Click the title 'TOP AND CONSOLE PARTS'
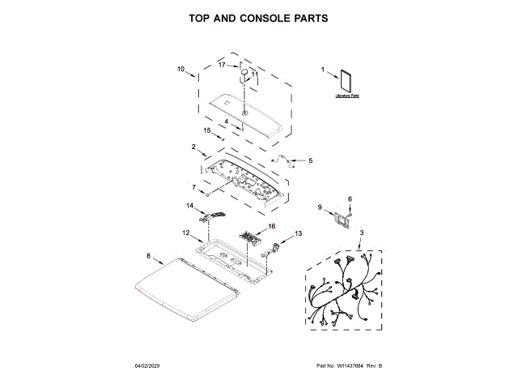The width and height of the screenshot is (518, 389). (x=259, y=17)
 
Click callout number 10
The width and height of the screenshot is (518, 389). (x=181, y=69)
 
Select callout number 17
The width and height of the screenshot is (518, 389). (x=222, y=64)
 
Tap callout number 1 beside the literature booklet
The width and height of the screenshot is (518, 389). (x=323, y=70)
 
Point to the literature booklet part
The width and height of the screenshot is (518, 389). (x=347, y=80)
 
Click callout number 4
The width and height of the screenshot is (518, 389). (x=227, y=123)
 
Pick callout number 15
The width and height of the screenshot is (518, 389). (x=206, y=130)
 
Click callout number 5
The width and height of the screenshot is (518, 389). (x=310, y=160)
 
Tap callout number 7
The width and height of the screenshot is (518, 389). (x=193, y=187)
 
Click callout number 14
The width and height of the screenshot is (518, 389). (x=191, y=207)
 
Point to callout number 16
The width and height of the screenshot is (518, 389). (x=272, y=226)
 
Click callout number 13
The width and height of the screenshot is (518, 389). (x=298, y=233)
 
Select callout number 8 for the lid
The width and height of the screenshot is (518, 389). (x=148, y=255)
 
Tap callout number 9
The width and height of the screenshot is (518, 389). (x=320, y=207)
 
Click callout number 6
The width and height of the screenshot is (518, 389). (x=350, y=199)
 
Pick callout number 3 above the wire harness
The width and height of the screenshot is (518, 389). (x=361, y=233)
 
